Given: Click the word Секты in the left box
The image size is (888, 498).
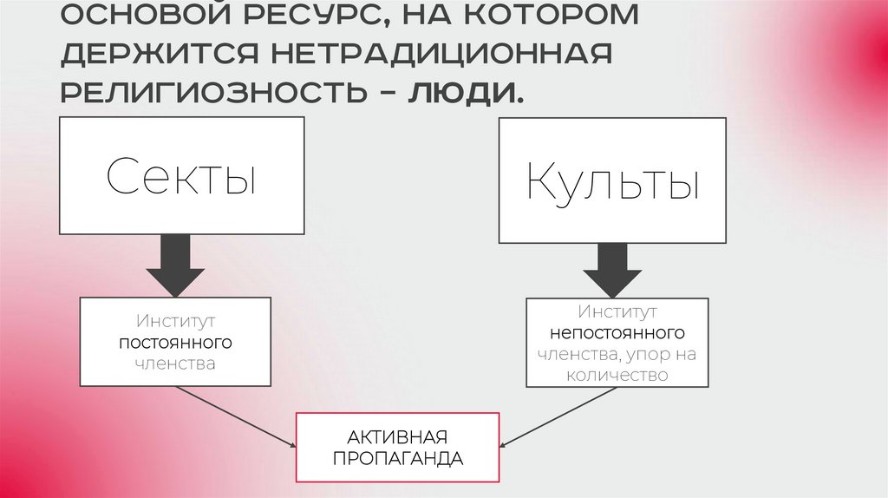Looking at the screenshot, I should (181, 176).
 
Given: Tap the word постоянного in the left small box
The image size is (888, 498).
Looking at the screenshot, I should (175, 343).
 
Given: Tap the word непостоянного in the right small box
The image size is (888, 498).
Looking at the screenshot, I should (617, 332).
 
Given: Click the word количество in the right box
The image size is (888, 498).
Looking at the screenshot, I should (617, 375).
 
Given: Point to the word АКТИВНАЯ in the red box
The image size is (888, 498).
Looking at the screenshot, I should (397, 436).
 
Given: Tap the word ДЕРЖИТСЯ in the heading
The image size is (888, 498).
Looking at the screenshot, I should (160, 54).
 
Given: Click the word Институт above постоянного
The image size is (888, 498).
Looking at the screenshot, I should (175, 321).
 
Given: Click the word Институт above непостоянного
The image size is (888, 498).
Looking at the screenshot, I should (617, 311).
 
